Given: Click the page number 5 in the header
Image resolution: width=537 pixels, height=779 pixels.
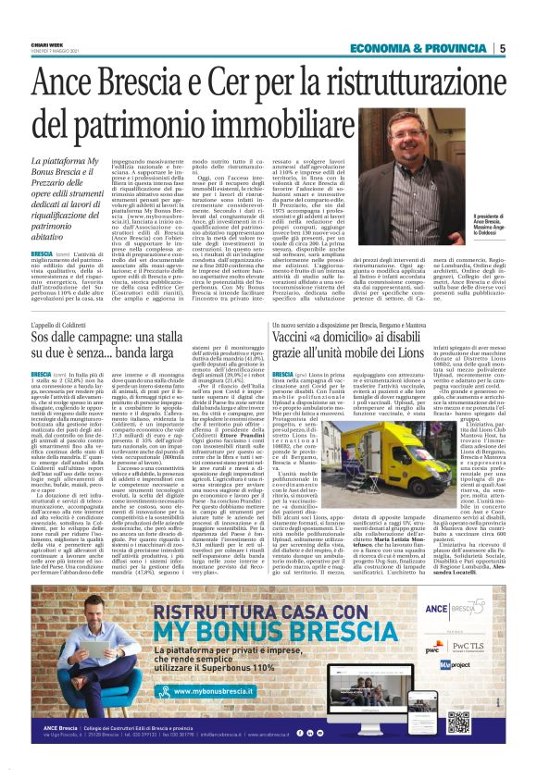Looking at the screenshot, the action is pyautogui.click(x=502, y=48).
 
